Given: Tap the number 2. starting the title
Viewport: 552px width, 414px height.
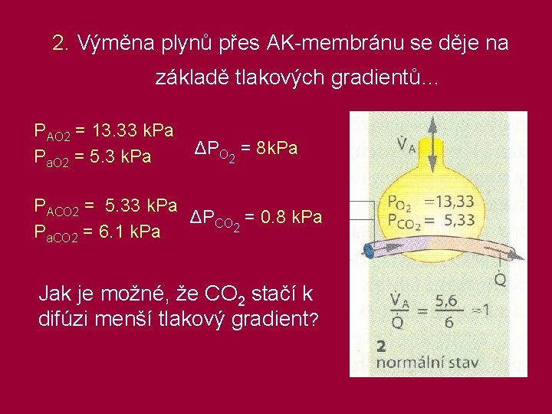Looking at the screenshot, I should pyautogui.click(x=61, y=44).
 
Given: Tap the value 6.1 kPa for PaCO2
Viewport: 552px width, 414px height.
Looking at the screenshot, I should pyautogui.click(x=125, y=232).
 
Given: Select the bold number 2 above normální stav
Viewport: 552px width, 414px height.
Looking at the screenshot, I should pyautogui.click(x=381, y=346).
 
